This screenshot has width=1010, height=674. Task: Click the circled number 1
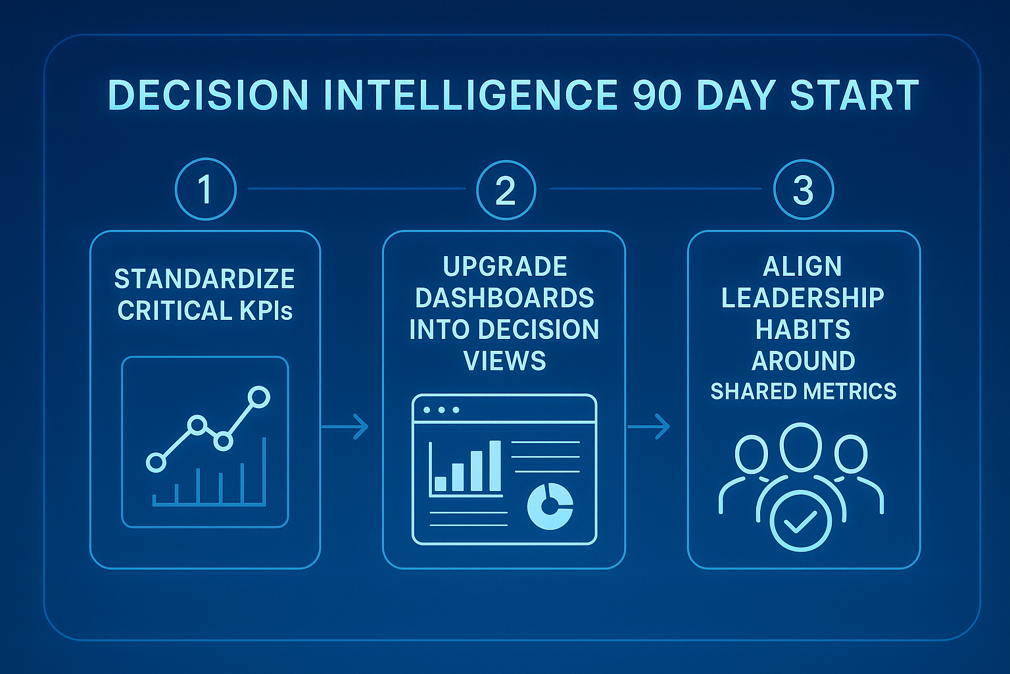pos(205,190)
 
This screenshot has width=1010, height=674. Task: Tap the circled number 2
pos(506,190)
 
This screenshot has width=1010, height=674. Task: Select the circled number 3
pos(804,190)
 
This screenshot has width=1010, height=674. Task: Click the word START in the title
pos(854,95)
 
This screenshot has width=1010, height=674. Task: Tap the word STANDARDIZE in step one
pos(204,279)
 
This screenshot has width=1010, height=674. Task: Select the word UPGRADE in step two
pos(505,267)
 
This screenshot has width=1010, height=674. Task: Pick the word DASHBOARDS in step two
pos(505,298)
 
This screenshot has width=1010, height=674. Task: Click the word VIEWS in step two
pos(505,361)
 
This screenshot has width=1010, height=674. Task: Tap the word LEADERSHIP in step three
pos(803,298)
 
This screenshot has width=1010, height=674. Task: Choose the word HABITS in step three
pos(803,329)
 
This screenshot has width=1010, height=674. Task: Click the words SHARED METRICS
pos(804,392)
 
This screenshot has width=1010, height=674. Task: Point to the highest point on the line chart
pos(259,397)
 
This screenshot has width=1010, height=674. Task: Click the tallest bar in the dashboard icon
pos(494,466)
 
